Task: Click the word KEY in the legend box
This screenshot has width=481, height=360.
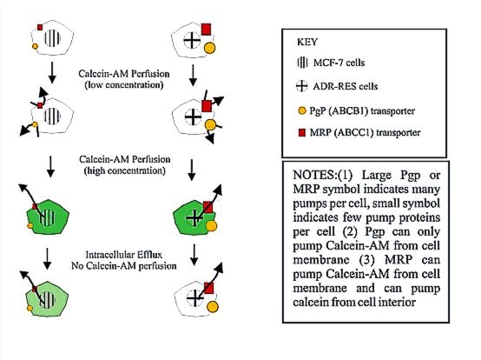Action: pos(307,42)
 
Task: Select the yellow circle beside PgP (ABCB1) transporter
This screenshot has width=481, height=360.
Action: pos(302,110)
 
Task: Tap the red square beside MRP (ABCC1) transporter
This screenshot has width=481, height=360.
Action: pos(302,133)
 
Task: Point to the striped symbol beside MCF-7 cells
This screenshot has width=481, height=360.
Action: pos(302,63)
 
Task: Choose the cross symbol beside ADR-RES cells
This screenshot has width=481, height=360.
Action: pos(301,86)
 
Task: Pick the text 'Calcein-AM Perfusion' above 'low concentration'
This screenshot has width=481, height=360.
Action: pos(123,74)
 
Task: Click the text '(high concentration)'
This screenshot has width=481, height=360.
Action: pos(124,170)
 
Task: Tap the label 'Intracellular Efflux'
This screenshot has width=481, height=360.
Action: pos(123,255)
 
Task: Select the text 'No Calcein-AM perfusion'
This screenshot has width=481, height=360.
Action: pos(124,266)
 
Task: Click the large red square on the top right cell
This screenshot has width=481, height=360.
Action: pos(206,30)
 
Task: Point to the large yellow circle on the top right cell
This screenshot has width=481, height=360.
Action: pos(210,48)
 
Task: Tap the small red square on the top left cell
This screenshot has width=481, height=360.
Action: pos(40,27)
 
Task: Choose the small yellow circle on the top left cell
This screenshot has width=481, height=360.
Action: pos(35,46)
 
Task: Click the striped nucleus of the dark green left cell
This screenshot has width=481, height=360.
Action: pos(47,217)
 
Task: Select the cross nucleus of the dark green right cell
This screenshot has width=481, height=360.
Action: pos(194,218)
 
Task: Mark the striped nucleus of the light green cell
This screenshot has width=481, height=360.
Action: pos(47,299)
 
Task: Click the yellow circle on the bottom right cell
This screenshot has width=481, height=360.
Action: pos(212,307)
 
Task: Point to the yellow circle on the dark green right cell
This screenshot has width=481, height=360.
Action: pos(211,226)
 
